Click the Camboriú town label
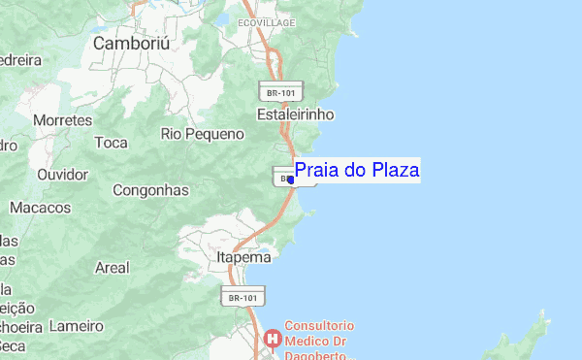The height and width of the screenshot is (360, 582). click(x=132, y=45)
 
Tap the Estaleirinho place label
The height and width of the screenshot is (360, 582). click(x=295, y=115)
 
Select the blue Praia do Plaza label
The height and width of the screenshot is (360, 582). click(x=356, y=171)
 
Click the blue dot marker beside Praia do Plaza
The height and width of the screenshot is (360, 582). click(x=291, y=180)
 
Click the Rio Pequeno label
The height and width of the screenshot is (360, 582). click(x=202, y=134)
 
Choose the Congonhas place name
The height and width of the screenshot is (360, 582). click(x=150, y=190)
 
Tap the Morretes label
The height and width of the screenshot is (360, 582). click(x=62, y=120)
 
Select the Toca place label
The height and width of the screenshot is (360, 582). click(x=112, y=143)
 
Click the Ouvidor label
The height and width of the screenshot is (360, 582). click(x=62, y=175)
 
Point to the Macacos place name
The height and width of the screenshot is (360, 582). click(x=40, y=208)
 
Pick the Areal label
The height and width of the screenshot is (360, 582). click(x=112, y=267)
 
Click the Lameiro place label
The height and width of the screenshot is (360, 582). click(x=76, y=325)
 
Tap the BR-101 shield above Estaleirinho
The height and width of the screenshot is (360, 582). click(x=281, y=91)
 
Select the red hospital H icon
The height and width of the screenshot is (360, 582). click(x=273, y=339)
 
